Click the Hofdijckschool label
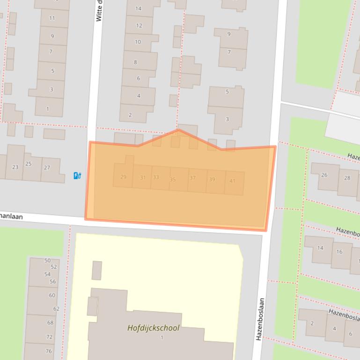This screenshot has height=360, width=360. click(x=153, y=328)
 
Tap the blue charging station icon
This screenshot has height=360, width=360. click(x=78, y=176)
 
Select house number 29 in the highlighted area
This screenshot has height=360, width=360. click(x=123, y=177)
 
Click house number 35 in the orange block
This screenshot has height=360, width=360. click(x=173, y=180)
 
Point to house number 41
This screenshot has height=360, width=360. click(x=232, y=181)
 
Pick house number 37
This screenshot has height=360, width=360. click(x=192, y=178)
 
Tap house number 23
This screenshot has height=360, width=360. click(x=15, y=167)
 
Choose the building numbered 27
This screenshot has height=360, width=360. click(x=47, y=168)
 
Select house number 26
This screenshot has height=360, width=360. click(x=324, y=175)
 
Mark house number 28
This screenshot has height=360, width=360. click(x=347, y=178)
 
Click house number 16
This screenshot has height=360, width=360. click(x=339, y=252)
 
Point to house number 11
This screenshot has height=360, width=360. click(x=52, y=18)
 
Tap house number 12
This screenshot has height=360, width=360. click(x=139, y=25)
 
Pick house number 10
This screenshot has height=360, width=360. click(x=138, y=42)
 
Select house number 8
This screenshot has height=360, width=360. click(x=135, y=62)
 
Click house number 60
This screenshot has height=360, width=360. click(x=52, y=295)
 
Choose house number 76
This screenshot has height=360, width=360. click(x=49, y=351)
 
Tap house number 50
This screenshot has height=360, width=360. click(x=47, y=260)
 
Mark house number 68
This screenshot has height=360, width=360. click(x=50, y=323)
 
